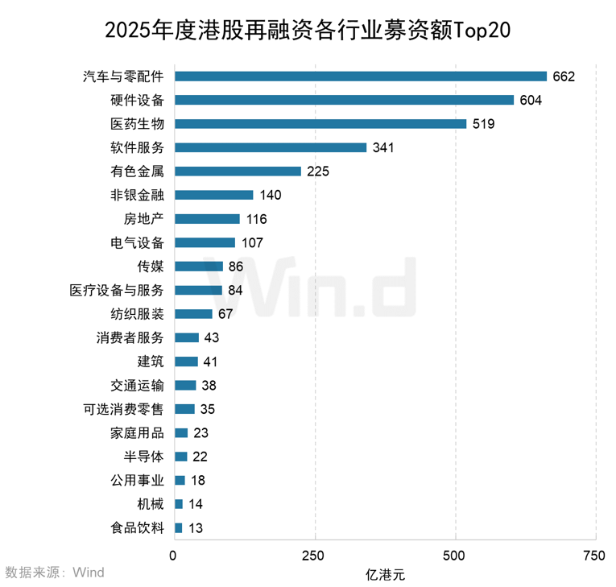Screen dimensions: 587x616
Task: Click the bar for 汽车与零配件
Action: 360,76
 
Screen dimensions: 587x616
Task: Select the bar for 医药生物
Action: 320,124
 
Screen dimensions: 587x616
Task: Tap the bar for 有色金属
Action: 238,172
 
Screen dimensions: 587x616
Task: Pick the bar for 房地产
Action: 207,219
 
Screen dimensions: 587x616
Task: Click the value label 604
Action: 531,101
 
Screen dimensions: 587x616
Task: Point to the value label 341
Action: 384,148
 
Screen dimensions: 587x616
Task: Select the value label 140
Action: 271,196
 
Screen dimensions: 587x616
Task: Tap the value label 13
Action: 196,528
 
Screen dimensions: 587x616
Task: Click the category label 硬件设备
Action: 137,101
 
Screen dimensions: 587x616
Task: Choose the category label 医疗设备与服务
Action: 117,291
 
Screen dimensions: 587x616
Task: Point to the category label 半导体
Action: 144,457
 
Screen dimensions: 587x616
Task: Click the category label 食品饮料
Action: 137,528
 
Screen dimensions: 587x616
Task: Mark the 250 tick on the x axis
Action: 314,556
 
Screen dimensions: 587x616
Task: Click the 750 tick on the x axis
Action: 594,556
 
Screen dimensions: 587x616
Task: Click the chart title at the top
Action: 308,30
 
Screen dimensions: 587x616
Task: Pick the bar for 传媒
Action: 198,267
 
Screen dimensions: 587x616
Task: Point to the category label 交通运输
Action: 137,386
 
